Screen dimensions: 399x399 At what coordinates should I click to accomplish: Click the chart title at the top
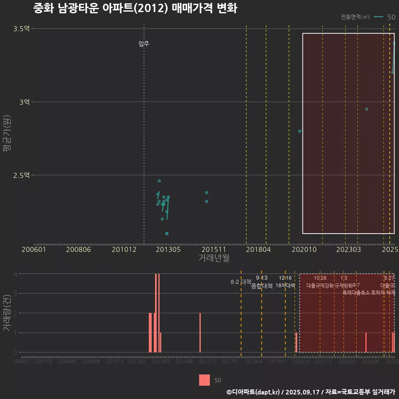(135, 8)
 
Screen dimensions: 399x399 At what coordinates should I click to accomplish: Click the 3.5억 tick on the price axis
(21, 29)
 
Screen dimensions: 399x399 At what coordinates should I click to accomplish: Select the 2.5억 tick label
(21, 175)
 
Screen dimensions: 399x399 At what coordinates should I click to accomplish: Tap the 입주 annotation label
(144, 44)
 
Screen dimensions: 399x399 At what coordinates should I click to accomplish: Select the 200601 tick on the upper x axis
(34, 249)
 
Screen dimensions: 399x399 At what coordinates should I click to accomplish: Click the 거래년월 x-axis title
(214, 258)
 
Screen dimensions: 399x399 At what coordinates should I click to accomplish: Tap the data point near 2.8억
(300, 131)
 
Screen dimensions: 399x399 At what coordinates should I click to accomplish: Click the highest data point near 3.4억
(394, 43)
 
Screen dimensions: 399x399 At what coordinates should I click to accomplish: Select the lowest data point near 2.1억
(167, 234)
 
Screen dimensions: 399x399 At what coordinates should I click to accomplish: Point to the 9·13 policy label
(261, 278)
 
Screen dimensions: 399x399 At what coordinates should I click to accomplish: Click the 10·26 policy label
(320, 278)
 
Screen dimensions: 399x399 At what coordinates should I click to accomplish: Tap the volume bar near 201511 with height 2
(200, 332)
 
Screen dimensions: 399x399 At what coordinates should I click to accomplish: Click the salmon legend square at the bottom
(204, 380)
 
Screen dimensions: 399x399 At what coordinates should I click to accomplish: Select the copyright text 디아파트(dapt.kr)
(254, 392)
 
